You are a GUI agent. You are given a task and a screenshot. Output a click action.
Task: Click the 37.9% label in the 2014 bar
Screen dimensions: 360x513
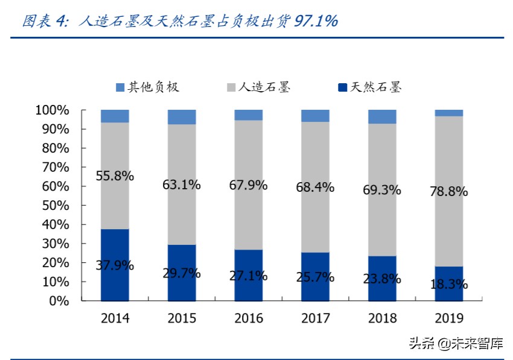(115, 265)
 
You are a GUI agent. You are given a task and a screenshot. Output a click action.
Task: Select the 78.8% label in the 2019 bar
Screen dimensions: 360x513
(448, 192)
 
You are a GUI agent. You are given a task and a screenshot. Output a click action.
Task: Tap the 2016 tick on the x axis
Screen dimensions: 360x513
(249, 318)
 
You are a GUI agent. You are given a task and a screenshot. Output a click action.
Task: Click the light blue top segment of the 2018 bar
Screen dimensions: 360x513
(382, 117)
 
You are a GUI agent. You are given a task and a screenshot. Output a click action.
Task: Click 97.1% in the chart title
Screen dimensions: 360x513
(316, 21)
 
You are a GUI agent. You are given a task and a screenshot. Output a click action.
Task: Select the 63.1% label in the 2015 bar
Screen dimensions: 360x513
(182, 185)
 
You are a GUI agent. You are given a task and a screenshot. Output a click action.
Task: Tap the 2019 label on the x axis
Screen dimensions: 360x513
(448, 318)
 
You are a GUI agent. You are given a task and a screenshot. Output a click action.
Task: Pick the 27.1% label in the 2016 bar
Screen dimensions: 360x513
(249, 276)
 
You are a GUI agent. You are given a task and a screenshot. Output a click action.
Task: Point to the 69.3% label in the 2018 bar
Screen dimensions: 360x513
(382, 190)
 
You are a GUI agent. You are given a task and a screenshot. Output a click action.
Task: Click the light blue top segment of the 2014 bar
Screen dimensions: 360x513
(115, 116)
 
